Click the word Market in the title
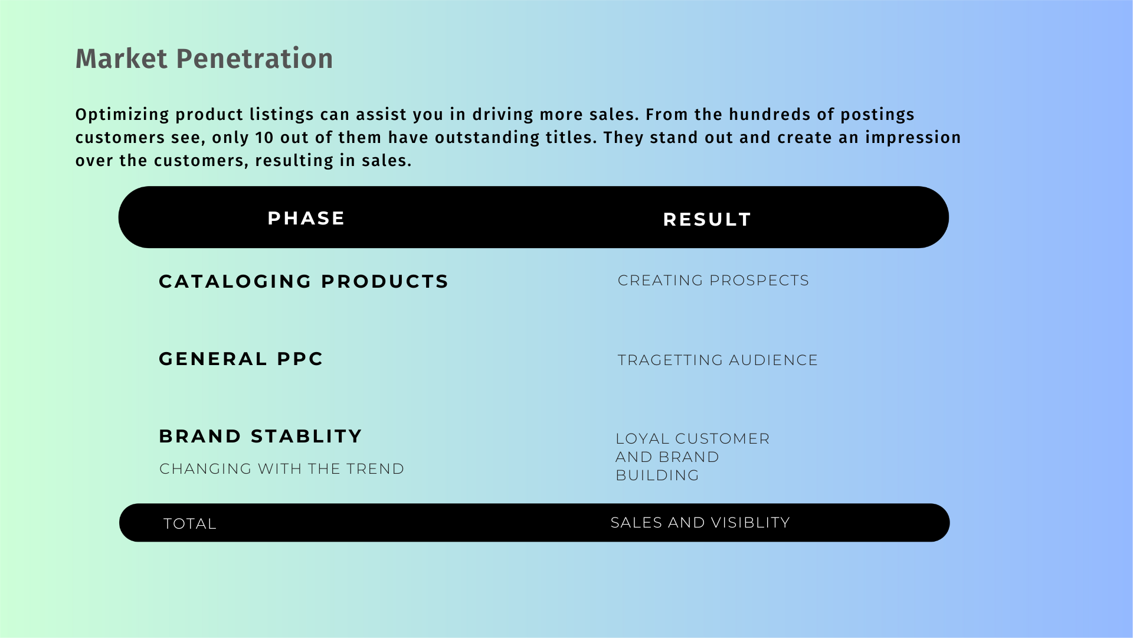[122, 58]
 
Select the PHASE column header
[306, 218]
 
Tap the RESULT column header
[707, 219]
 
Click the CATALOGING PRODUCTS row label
[304, 281]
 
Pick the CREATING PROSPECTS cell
[713, 280]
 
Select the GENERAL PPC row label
[241, 359]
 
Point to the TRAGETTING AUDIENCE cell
[718, 360]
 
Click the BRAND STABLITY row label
[260, 436]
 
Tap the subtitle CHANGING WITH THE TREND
[282, 468]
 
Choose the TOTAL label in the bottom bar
[190, 523]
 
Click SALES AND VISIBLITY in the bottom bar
[700, 522]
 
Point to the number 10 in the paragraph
[264, 138]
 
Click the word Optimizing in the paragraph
[122, 115]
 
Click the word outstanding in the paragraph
[487, 138]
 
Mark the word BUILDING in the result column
[657, 475]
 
